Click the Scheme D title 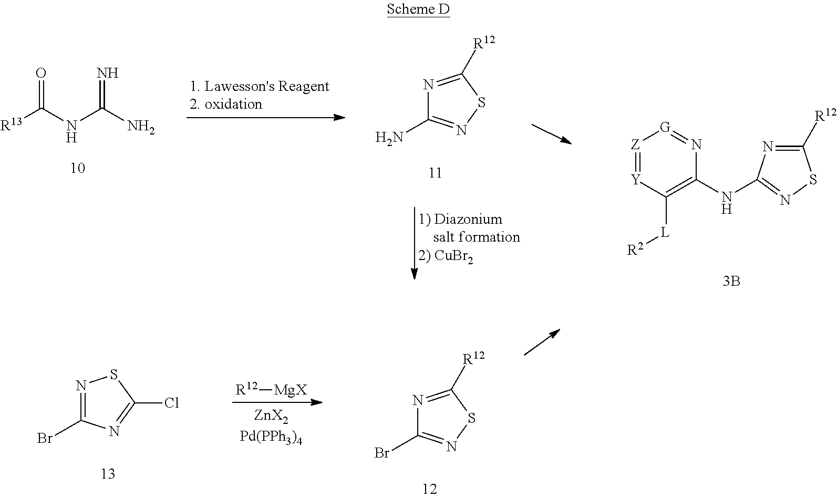(418, 9)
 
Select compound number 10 (78, 168)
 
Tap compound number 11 (435, 172)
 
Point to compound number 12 (429, 489)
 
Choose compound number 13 (108, 474)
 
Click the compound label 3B (731, 282)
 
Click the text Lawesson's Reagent (266, 87)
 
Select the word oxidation (233, 104)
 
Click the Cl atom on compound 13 (171, 403)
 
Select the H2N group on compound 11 (389, 138)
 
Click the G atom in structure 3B (665, 127)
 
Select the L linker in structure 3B (665, 233)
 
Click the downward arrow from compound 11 (414, 242)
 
